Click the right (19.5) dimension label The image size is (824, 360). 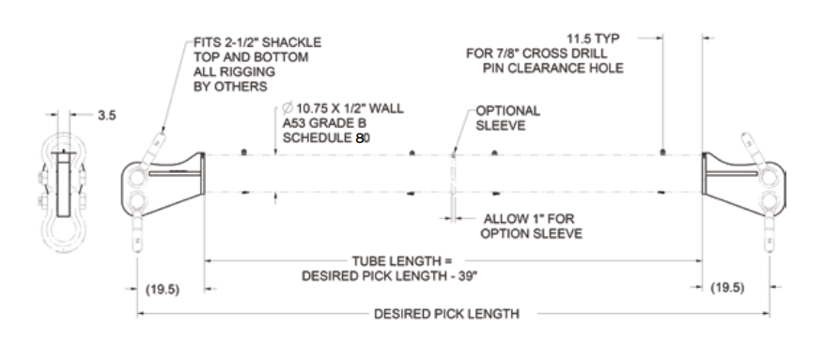pyautogui.click(x=728, y=287)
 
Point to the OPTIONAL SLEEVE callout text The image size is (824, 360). pyautogui.click(x=507, y=117)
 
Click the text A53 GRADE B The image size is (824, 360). pyautogui.click(x=314, y=123)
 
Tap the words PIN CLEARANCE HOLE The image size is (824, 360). pyautogui.click(x=553, y=68)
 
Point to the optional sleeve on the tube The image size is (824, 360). pyautogui.click(x=452, y=174)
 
